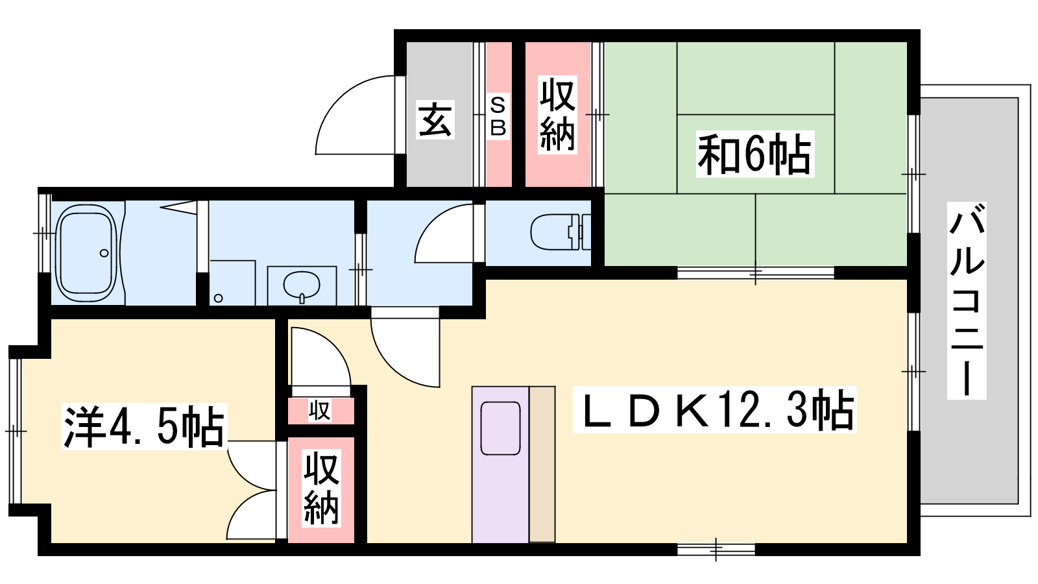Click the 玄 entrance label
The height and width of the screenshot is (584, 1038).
click(x=435, y=119)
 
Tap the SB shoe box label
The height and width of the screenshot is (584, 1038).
click(x=498, y=116)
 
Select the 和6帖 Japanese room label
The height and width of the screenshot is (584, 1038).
click(x=755, y=153)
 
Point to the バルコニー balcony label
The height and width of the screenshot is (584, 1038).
click(x=967, y=300)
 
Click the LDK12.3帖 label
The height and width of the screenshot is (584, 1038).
click(x=714, y=409)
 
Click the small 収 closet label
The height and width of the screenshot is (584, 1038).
click(x=320, y=411)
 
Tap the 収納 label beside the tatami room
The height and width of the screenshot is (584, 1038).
click(x=557, y=114)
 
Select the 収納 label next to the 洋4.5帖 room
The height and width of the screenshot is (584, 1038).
click(x=321, y=488)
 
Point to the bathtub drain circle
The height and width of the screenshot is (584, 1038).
click(x=104, y=253)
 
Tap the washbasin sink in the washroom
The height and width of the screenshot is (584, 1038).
click(x=302, y=285)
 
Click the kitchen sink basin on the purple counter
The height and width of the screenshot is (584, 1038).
click(x=500, y=428)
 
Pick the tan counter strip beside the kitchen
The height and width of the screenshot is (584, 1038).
click(x=542, y=464)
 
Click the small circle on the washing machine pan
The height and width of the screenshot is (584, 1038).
click(x=218, y=298)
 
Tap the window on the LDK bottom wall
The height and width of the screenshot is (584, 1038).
click(x=716, y=550)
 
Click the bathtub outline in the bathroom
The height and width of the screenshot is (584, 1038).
click(x=86, y=254)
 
